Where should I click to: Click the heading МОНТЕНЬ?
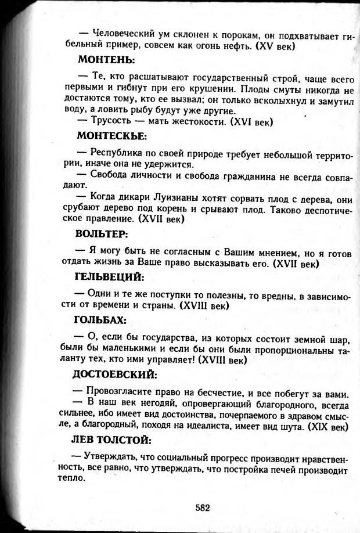pos(107,59)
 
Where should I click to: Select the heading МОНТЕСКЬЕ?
pos(111,136)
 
